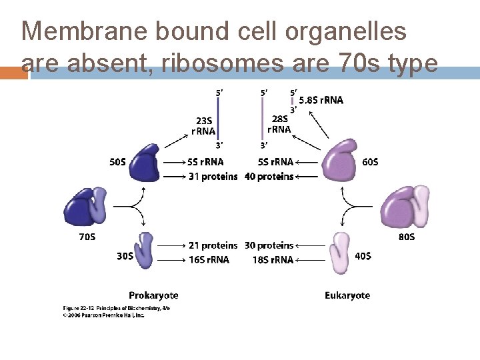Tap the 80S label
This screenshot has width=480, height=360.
tap(407, 237)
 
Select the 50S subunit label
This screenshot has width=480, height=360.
tap(119, 161)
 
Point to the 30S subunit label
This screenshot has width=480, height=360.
tap(125, 256)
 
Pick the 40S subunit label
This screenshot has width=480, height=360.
tap(363, 256)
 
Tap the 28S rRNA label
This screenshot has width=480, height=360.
tap(279, 124)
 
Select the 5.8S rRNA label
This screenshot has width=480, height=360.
tap(321, 101)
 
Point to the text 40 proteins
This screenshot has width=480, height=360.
tap(269, 176)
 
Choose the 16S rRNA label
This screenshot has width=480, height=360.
tap(209, 259)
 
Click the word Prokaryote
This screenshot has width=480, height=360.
tap(153, 295)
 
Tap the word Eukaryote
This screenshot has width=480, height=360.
tap(347, 295)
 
